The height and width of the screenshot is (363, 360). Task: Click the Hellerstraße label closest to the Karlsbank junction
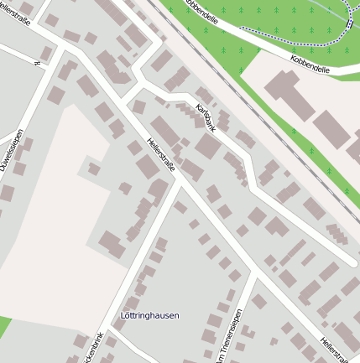(x=161, y=157)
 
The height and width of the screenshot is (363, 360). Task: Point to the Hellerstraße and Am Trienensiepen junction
(x=252, y=272)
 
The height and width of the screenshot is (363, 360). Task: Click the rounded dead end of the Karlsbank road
(x=352, y=262)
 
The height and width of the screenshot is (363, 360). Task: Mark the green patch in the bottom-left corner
(x=4, y=327)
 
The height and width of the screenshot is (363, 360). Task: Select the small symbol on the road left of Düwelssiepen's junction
(x=36, y=64)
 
